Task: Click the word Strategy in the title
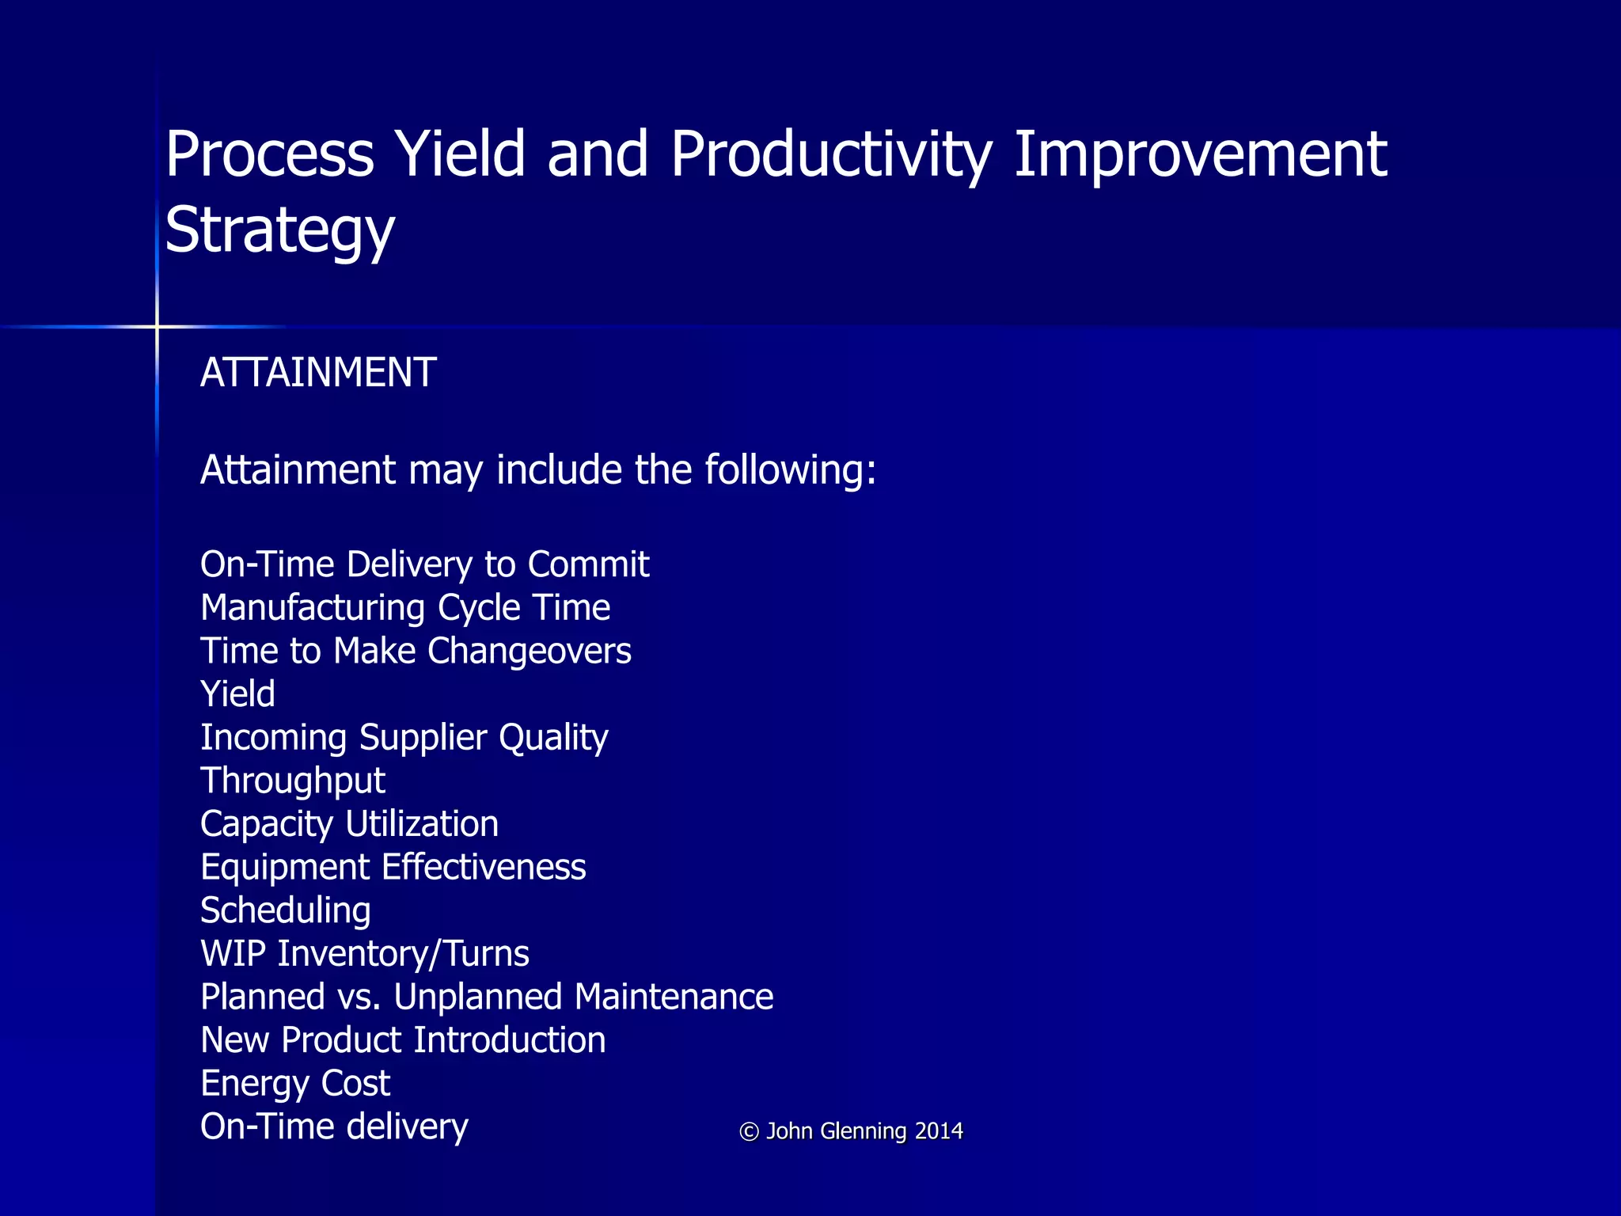279,230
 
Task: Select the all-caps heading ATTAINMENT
318,372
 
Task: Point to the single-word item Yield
237,694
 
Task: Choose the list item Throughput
293,781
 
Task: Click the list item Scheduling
286,910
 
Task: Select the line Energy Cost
295,1083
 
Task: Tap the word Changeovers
529,651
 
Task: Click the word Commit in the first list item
588,564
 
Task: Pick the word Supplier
423,738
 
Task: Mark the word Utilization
421,824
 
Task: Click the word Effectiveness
483,867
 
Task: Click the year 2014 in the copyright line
939,1130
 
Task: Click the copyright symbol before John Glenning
749,1131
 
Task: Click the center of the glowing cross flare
157,326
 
